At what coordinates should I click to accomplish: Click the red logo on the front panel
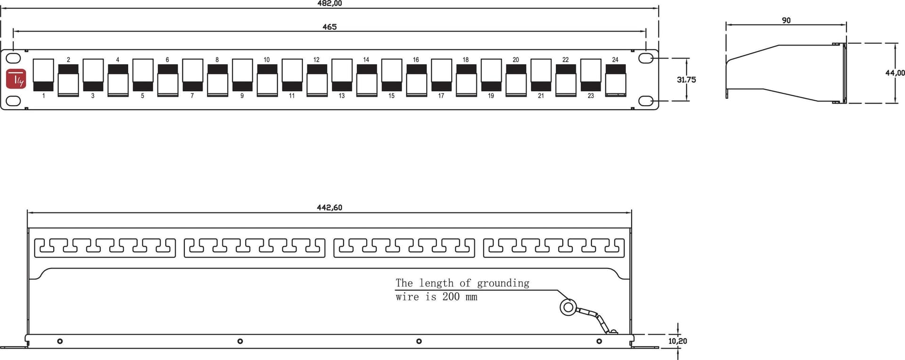coord(16,79)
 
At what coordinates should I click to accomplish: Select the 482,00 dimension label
coord(329,3)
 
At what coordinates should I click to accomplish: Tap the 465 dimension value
coord(329,27)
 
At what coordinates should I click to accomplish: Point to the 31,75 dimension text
coord(686,80)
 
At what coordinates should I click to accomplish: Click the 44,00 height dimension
coord(895,73)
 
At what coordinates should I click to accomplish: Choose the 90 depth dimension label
coord(786,20)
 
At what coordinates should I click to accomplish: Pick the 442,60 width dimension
coord(329,207)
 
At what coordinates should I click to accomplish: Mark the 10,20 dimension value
coord(677,341)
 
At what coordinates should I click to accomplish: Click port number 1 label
coord(43,96)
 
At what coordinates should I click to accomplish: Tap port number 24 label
coord(615,60)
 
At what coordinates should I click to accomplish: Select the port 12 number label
coord(316,60)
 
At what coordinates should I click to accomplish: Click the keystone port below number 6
coord(168,81)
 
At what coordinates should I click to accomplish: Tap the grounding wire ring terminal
coord(568,307)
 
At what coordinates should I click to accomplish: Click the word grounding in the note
coord(503,283)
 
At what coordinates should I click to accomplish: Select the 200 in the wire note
coord(451,296)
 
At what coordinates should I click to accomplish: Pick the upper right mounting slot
coord(646,58)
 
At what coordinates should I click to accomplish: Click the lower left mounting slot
coord(14,101)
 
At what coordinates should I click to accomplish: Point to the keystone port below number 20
coord(516,81)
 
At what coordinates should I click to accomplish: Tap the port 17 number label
coord(441,96)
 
